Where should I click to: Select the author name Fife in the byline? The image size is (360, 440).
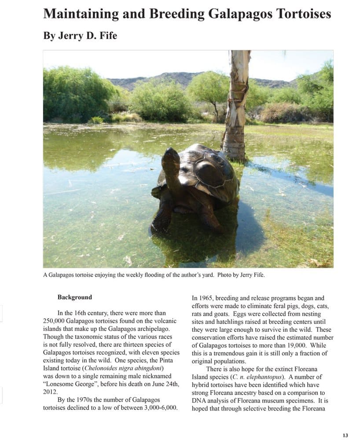107,36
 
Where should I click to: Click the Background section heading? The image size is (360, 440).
75,297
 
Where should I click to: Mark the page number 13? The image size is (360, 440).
345,435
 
